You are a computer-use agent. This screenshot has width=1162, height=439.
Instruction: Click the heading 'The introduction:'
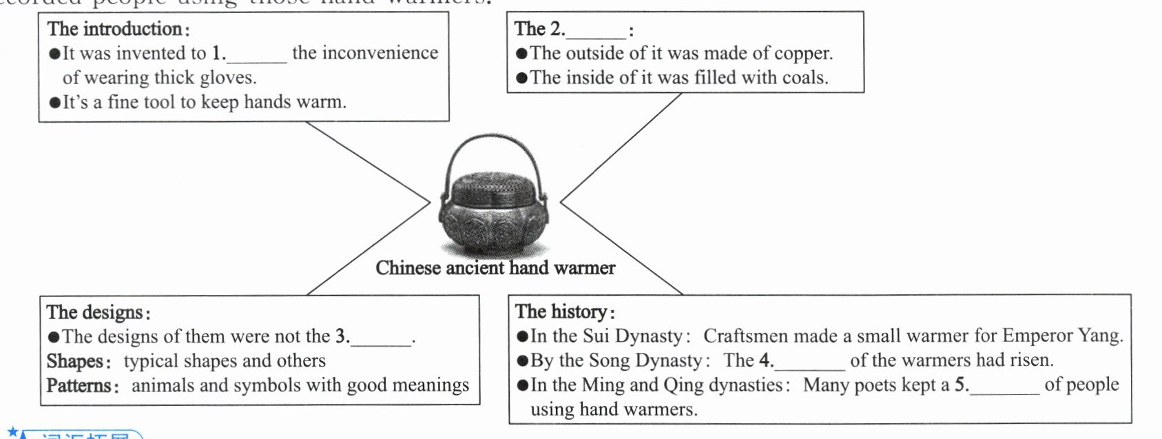pyautogui.click(x=118, y=29)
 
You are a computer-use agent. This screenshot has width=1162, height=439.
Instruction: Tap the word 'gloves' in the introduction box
pyautogui.click(x=227, y=78)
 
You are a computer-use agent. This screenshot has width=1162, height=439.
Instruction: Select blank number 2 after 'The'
pyautogui.click(x=595, y=30)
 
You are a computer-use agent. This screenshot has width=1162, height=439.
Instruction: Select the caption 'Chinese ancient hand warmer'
pyautogui.click(x=495, y=268)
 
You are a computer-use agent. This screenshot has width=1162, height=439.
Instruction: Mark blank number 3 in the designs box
pyautogui.click(x=381, y=338)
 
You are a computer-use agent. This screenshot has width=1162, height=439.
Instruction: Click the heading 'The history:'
pyautogui.click(x=565, y=312)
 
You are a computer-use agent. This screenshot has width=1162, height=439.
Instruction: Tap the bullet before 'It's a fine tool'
pyautogui.click(x=55, y=103)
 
